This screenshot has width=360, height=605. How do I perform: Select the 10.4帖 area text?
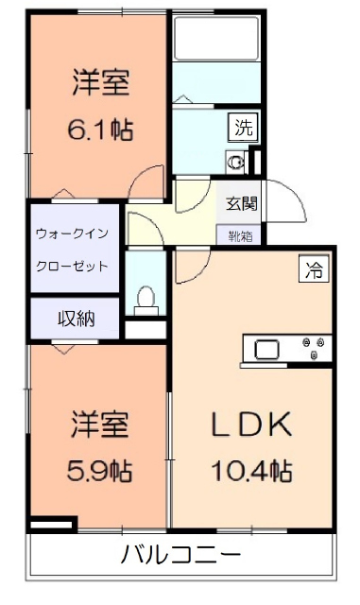click(x=252, y=469)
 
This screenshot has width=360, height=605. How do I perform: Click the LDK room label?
click(x=252, y=424)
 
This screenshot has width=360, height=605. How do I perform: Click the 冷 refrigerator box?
click(x=313, y=269)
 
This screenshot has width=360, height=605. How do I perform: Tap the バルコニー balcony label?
click(x=180, y=554)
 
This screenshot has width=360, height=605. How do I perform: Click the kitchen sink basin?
click(x=265, y=348)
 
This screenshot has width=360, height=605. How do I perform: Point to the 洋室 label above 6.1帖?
click(x=99, y=83)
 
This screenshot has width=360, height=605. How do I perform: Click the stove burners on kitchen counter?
click(x=316, y=347)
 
